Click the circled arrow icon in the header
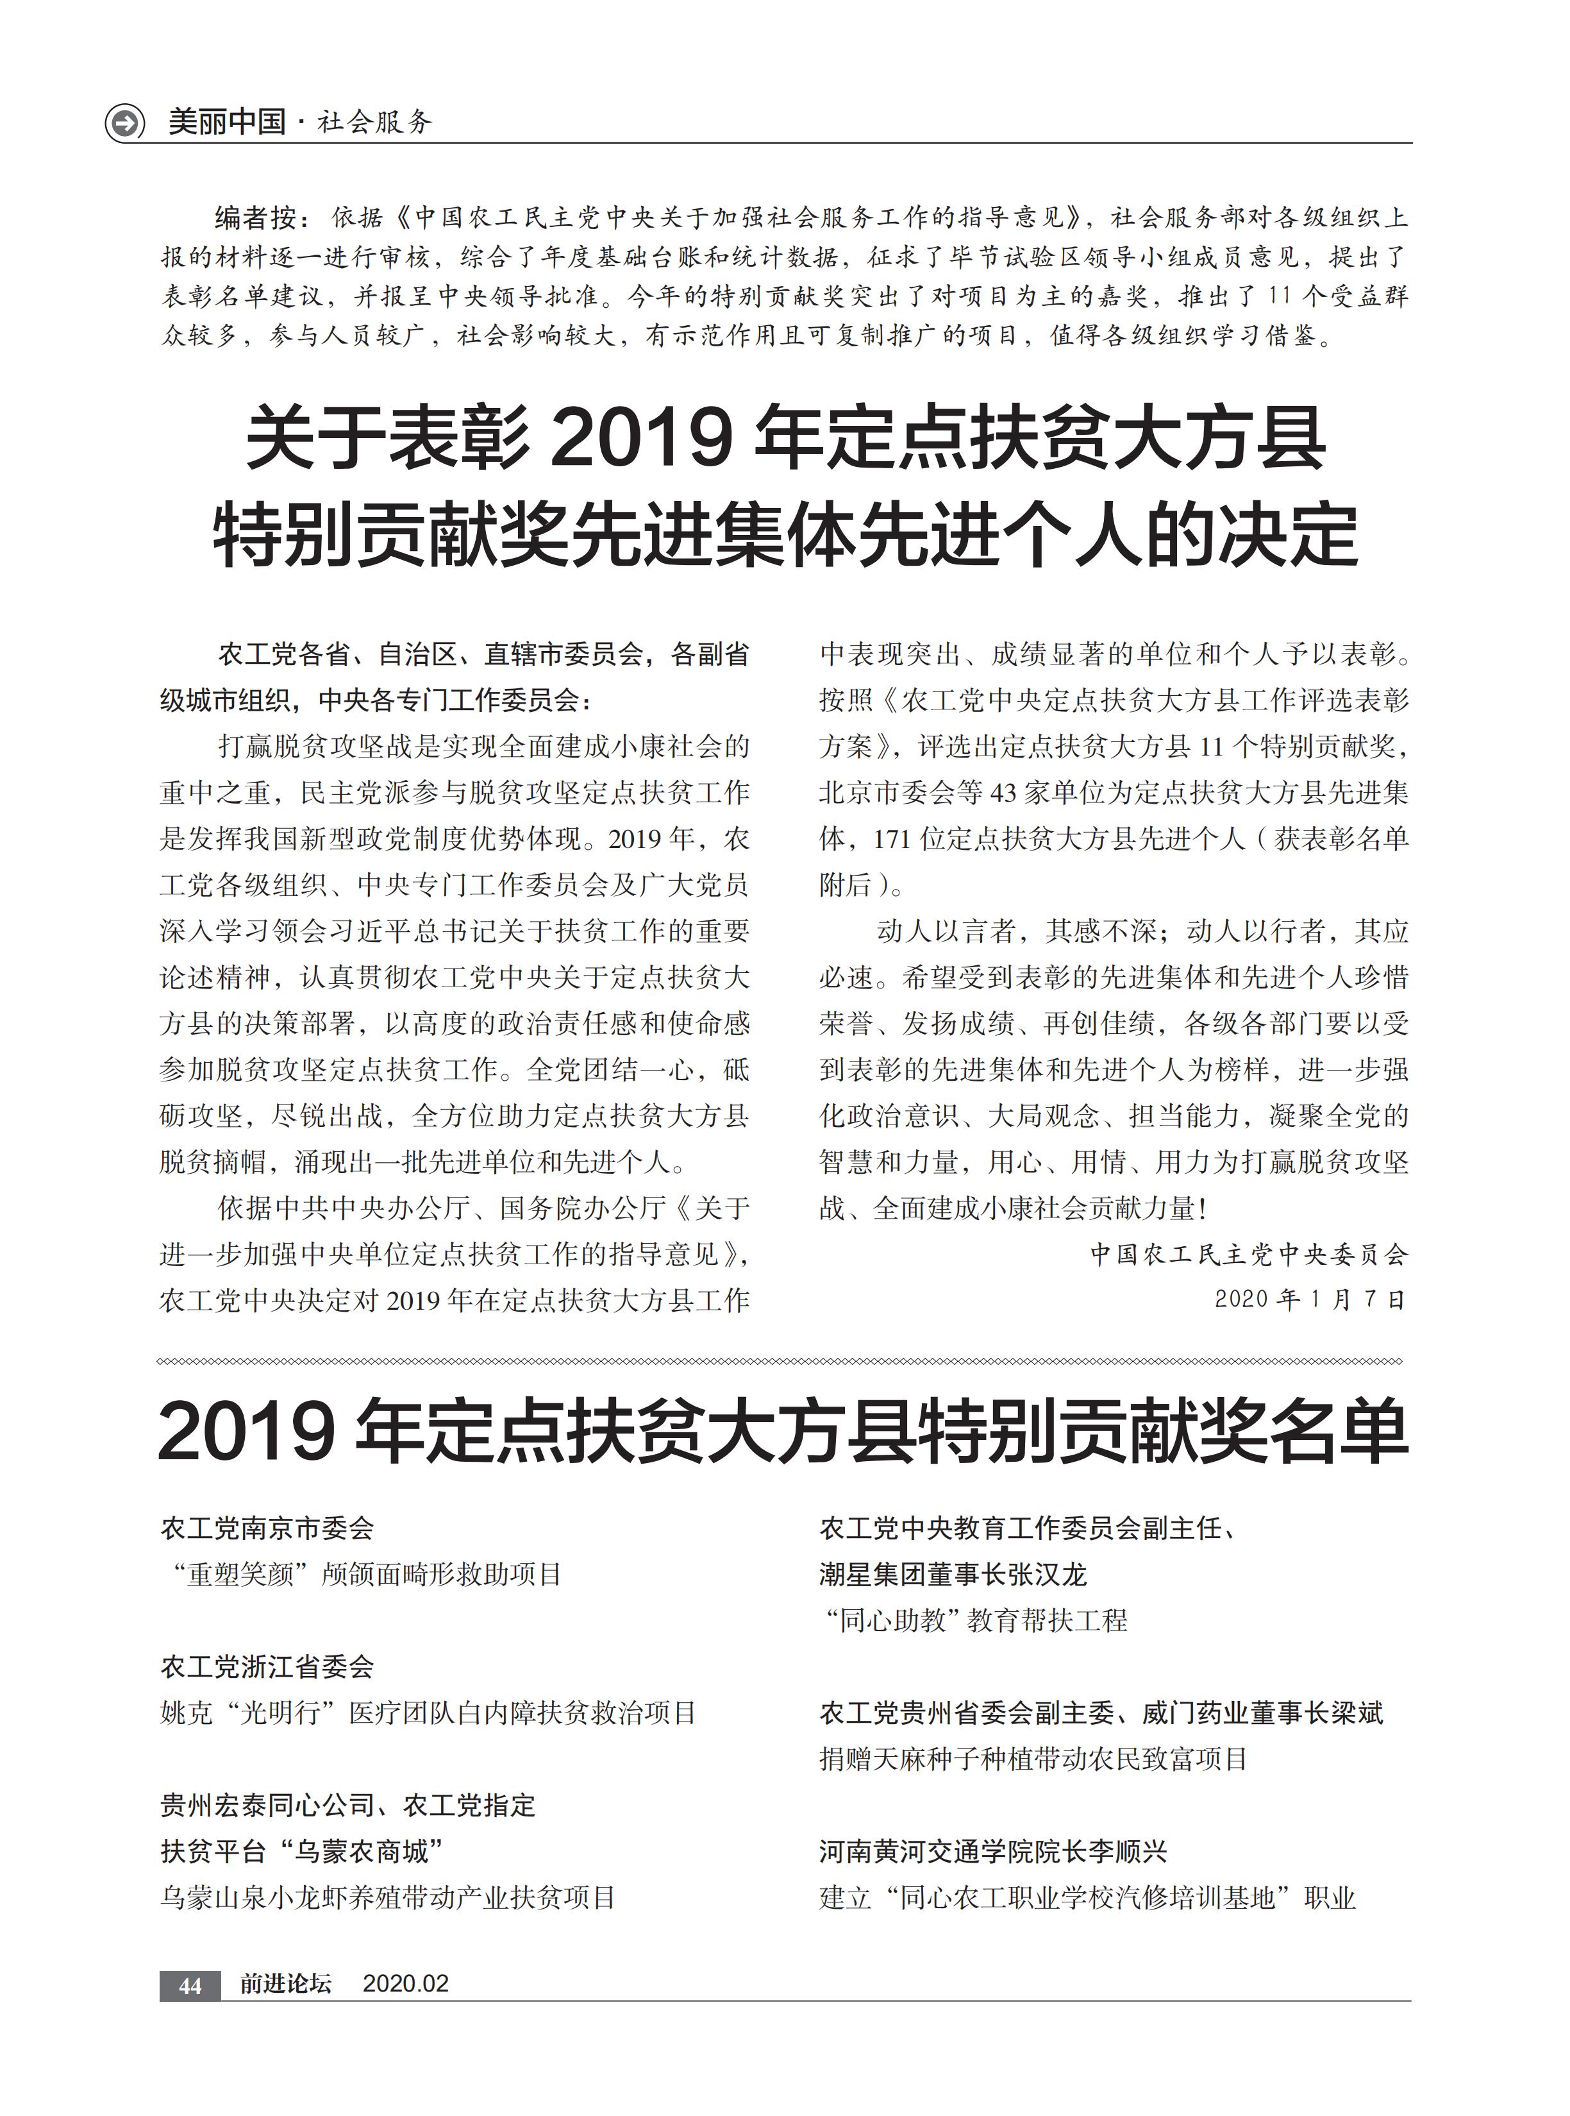(124, 123)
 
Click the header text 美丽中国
(227, 123)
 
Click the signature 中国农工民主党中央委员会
(1248, 1255)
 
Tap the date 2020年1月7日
(1310, 1299)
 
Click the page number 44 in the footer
(190, 1985)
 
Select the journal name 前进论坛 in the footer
(285, 1984)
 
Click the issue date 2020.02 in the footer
(406, 1984)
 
